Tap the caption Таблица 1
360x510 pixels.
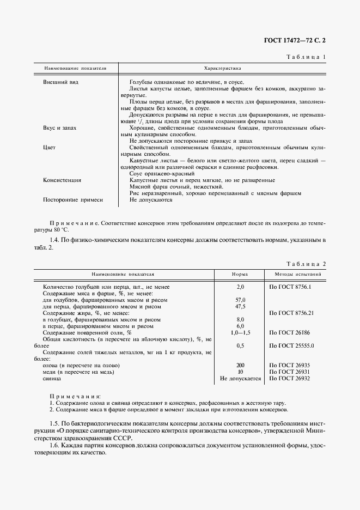click(309, 57)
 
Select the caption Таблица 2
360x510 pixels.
click(309, 263)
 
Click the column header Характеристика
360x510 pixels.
click(222, 69)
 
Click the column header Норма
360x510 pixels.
click(240, 275)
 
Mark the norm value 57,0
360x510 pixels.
click(240, 300)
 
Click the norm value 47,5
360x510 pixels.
click(240, 306)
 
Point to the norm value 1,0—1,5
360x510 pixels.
click(240, 332)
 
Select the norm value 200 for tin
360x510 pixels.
click(240, 365)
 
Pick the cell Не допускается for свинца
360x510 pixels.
click(240, 378)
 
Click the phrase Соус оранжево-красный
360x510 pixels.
click(158, 173)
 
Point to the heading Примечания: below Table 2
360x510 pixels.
click(75, 397)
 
